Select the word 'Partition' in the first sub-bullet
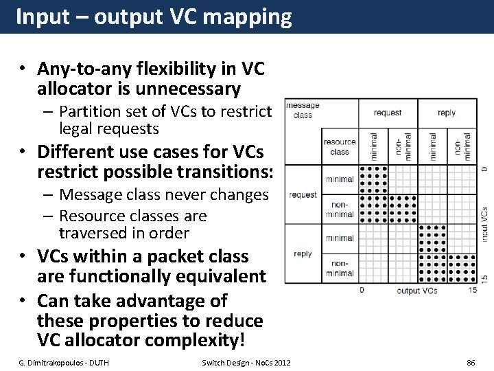pos(89,111)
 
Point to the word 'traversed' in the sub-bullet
pos(93,233)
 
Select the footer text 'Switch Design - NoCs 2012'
pos(246,362)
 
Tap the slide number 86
pos(471,362)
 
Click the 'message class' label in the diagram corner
pos(303,110)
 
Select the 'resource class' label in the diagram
pos(339,147)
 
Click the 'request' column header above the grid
pos(388,113)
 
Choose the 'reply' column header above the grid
pos(446,113)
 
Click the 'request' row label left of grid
pos(303,195)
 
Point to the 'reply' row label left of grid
pos(303,254)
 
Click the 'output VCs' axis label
pos(417,291)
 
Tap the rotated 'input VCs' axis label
pos(484,225)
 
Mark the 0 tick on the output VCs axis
pos(362,290)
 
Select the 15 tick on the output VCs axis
pos(473,290)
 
